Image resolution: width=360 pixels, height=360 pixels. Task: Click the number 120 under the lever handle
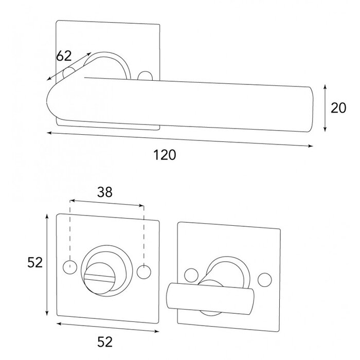click(165, 155)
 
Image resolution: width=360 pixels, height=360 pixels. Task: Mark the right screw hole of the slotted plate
click(145, 270)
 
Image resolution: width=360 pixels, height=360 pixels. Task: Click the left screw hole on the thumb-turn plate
click(192, 274)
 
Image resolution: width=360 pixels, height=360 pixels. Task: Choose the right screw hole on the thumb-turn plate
click(266, 278)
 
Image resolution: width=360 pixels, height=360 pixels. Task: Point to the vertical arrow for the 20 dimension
click(325, 108)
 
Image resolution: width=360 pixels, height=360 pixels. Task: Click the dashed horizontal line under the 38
click(107, 204)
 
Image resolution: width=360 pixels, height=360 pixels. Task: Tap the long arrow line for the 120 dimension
click(180, 139)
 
